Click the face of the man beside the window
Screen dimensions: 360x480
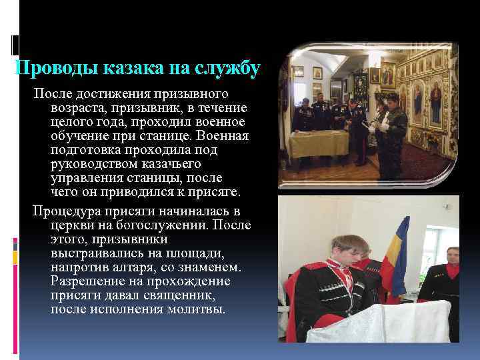click(452, 256)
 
